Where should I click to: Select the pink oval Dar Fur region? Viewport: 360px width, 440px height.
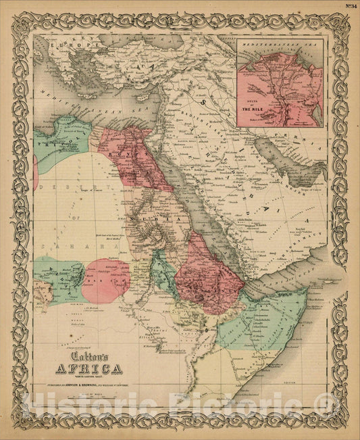[x=105, y=280]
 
